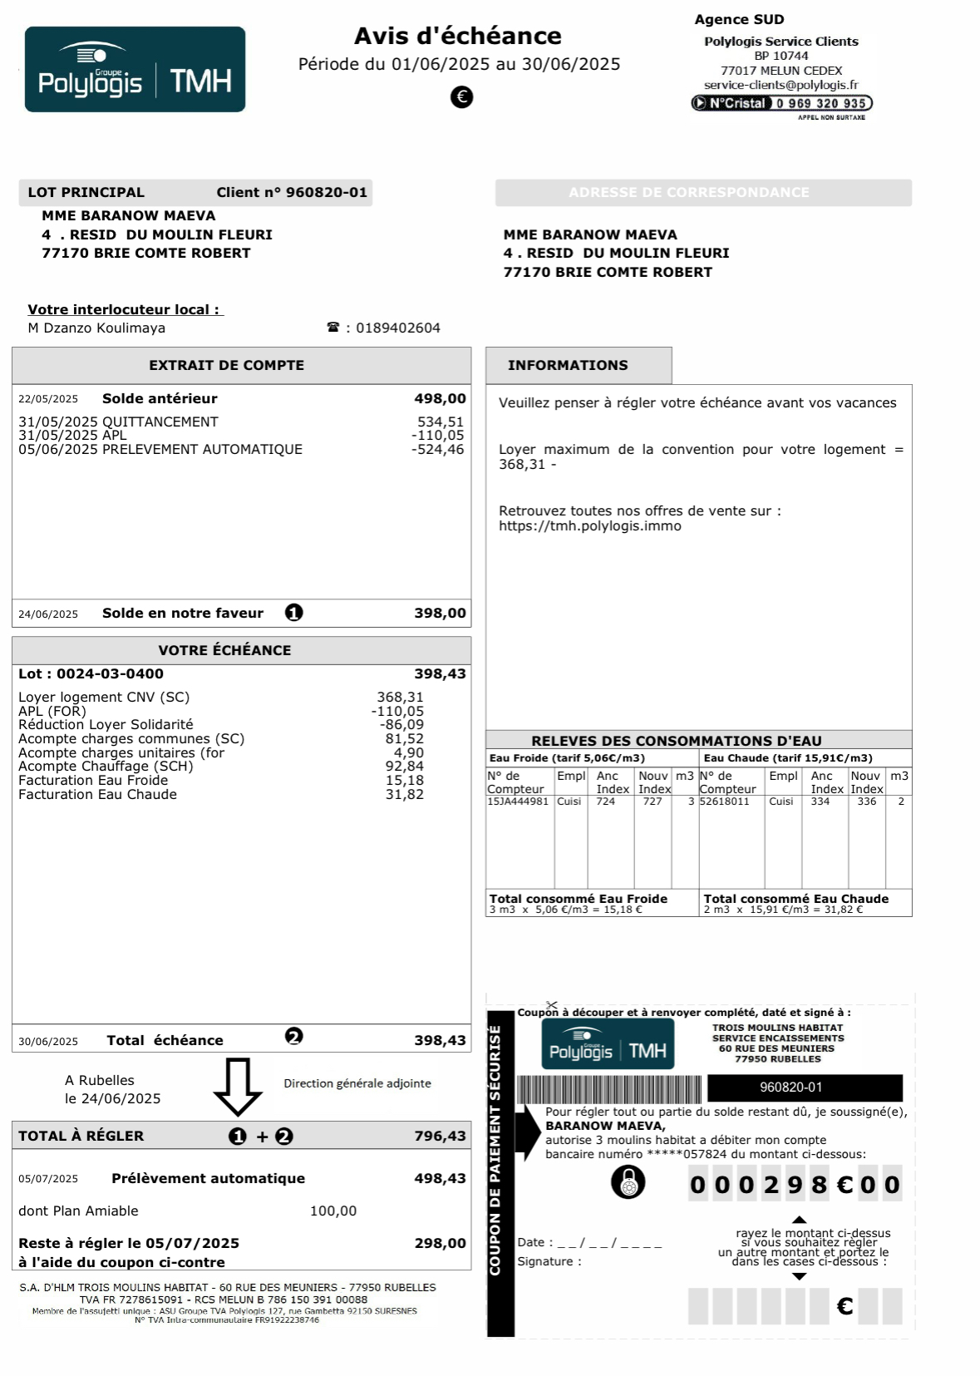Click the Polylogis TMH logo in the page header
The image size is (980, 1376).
pyautogui.click(x=135, y=70)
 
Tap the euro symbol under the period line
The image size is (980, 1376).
pyautogui.click(x=461, y=97)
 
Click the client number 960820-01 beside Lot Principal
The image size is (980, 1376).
pyautogui.click(x=326, y=193)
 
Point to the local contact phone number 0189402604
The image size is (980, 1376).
pyautogui.click(x=398, y=328)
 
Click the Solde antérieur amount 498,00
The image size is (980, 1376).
pyautogui.click(x=440, y=399)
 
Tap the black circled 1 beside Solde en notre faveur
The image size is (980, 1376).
pyautogui.click(x=294, y=613)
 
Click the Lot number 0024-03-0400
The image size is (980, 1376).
pyautogui.click(x=110, y=674)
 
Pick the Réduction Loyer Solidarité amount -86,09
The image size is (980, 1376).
pyautogui.click(x=401, y=725)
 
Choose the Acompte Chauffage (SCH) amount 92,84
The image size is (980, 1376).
pyautogui.click(x=404, y=767)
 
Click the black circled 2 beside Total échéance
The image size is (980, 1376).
pyautogui.click(x=294, y=1036)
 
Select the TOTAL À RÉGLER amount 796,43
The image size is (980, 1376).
pyautogui.click(x=440, y=1137)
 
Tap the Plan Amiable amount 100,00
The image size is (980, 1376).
pyautogui.click(x=333, y=1211)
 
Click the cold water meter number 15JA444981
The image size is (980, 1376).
pyautogui.click(x=518, y=801)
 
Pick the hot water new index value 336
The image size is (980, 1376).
pyautogui.click(x=866, y=801)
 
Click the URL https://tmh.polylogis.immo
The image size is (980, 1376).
pyautogui.click(x=590, y=526)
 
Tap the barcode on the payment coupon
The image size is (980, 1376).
pyautogui.click(x=609, y=1088)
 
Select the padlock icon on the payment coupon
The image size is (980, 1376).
pyautogui.click(x=628, y=1181)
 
